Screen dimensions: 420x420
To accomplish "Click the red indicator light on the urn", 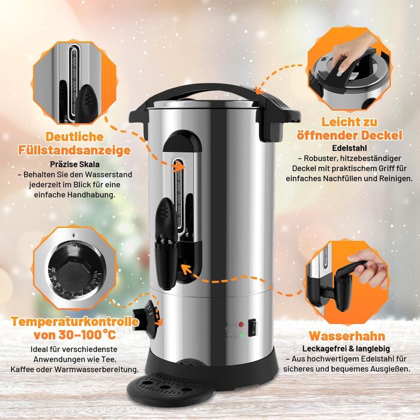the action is click(241, 325).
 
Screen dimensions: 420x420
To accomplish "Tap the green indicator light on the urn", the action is click(241, 335).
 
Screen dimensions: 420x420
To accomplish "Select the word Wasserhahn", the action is click(347, 336).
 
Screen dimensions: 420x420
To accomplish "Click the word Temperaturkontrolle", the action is click(75, 322).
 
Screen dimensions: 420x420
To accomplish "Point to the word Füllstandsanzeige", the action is click(74, 150).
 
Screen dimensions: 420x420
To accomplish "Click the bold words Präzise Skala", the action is click(74, 164).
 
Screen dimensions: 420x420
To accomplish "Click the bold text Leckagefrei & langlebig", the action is click(346, 349).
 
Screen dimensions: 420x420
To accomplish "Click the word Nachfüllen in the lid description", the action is click(340, 178).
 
